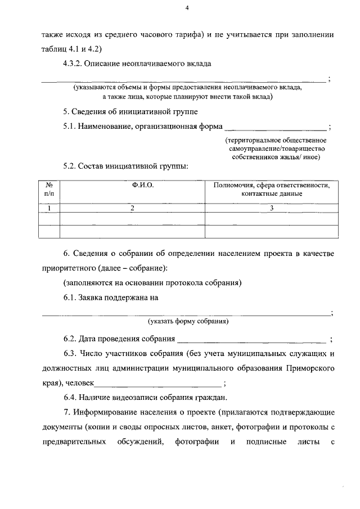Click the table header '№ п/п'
pos(49,189)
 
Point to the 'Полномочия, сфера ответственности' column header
pos(272,184)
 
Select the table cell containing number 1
pos(49,208)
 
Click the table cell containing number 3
pos(272,208)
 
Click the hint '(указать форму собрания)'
pos(188,322)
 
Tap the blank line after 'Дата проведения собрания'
pos(251,339)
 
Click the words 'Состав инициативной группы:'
pos(132,166)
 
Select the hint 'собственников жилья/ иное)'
pos(276,157)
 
